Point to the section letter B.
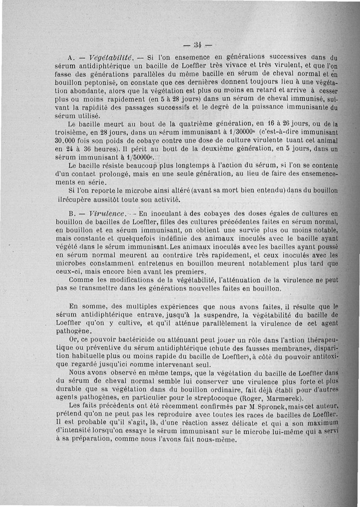(70, 213)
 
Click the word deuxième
(200, 149)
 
